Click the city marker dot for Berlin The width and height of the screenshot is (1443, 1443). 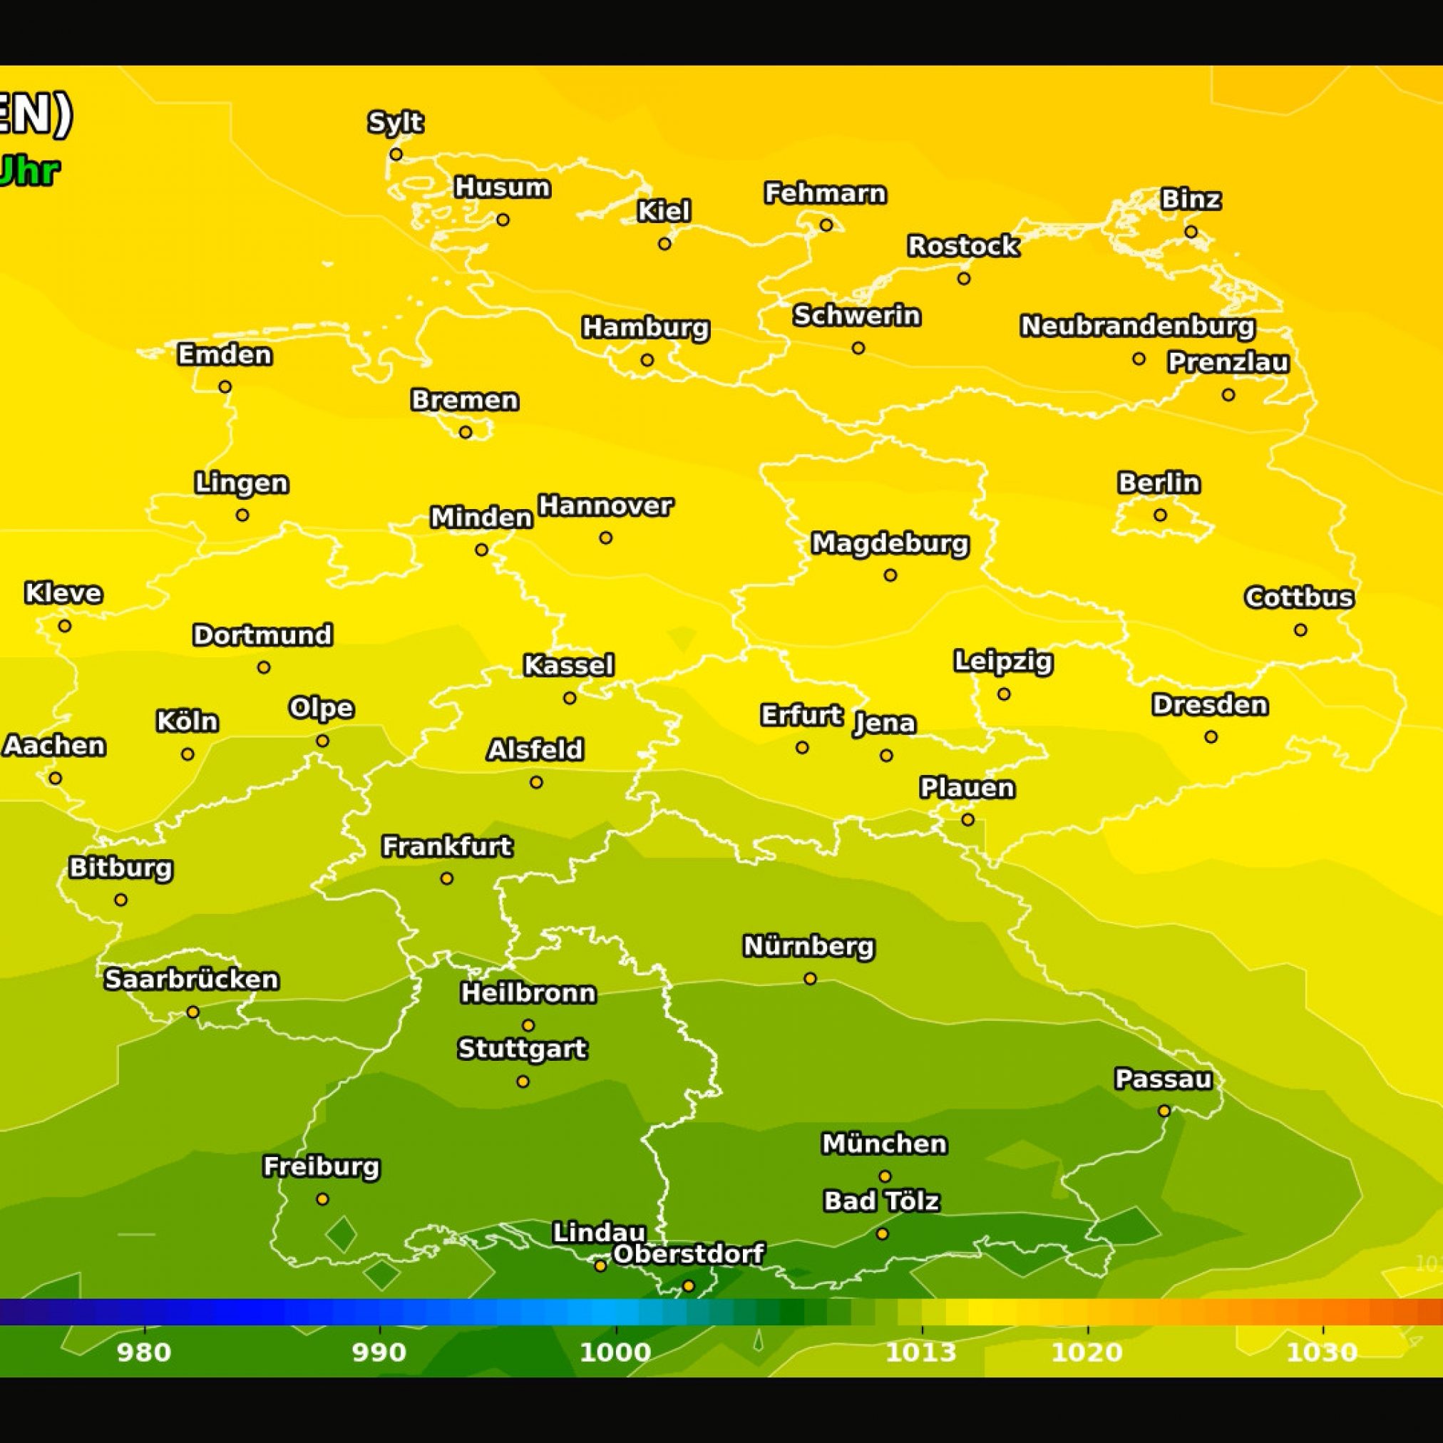click(x=1160, y=515)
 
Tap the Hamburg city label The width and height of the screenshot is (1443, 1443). click(x=645, y=327)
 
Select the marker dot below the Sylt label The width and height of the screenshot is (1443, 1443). click(x=396, y=155)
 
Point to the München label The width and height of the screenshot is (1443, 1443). click(x=884, y=1144)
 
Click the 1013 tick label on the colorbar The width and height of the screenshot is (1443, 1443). click(x=920, y=1352)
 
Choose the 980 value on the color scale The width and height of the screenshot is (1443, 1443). click(x=144, y=1352)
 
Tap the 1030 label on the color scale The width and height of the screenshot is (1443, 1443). click(x=1321, y=1352)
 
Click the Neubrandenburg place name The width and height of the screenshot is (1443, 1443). click(x=1138, y=326)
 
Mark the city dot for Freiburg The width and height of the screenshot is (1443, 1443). click(x=322, y=1198)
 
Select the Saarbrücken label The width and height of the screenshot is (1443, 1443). click(x=191, y=979)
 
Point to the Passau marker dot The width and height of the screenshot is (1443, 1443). click(x=1164, y=1111)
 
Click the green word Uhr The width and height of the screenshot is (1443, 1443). click(x=29, y=172)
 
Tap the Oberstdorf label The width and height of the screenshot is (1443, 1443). click(x=688, y=1254)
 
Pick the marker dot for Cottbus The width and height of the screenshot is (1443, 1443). click(x=1300, y=630)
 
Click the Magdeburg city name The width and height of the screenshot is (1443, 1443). click(x=890, y=543)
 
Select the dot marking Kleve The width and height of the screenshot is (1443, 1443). click(x=65, y=626)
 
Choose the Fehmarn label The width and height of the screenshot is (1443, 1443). click(x=826, y=193)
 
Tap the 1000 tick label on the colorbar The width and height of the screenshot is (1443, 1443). click(x=615, y=1352)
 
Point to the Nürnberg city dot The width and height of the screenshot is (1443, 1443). click(x=810, y=978)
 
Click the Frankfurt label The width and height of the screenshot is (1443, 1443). click(x=446, y=846)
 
